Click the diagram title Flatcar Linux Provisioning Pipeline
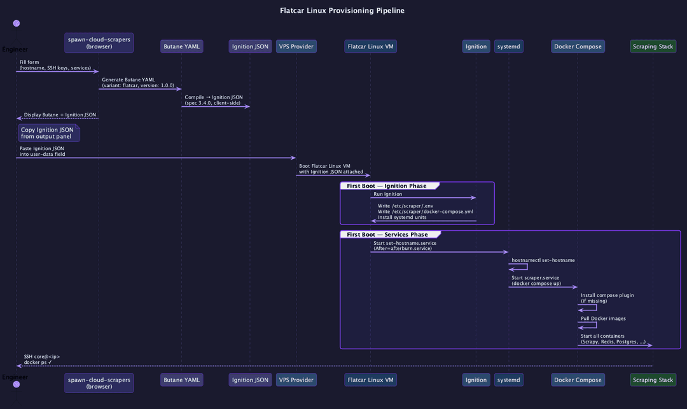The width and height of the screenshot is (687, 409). tap(342, 11)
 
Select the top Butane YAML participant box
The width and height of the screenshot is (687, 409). tap(181, 46)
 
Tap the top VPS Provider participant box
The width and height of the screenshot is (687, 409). tap(296, 46)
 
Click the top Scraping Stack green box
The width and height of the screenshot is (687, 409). tap(653, 46)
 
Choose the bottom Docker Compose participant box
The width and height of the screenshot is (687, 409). tap(578, 380)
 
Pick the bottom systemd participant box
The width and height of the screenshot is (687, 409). tap(509, 380)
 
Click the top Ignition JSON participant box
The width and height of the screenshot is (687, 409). tap(250, 46)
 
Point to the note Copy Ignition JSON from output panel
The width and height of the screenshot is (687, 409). tap(49, 133)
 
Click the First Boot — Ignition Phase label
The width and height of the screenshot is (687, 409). tap(387, 186)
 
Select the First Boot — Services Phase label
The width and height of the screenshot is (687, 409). tap(387, 234)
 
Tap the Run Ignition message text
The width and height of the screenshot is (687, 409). tap(388, 194)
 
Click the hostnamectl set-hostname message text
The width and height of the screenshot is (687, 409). tap(543, 260)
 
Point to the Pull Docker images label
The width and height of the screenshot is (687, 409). tap(603, 318)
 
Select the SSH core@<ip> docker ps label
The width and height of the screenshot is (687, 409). tap(41, 359)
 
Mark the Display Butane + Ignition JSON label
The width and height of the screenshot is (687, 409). tap(60, 114)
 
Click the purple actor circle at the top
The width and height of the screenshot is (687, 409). tap(16, 23)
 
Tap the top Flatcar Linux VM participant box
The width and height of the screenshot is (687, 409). tap(371, 46)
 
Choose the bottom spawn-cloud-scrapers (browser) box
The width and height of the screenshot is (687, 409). tap(99, 383)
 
